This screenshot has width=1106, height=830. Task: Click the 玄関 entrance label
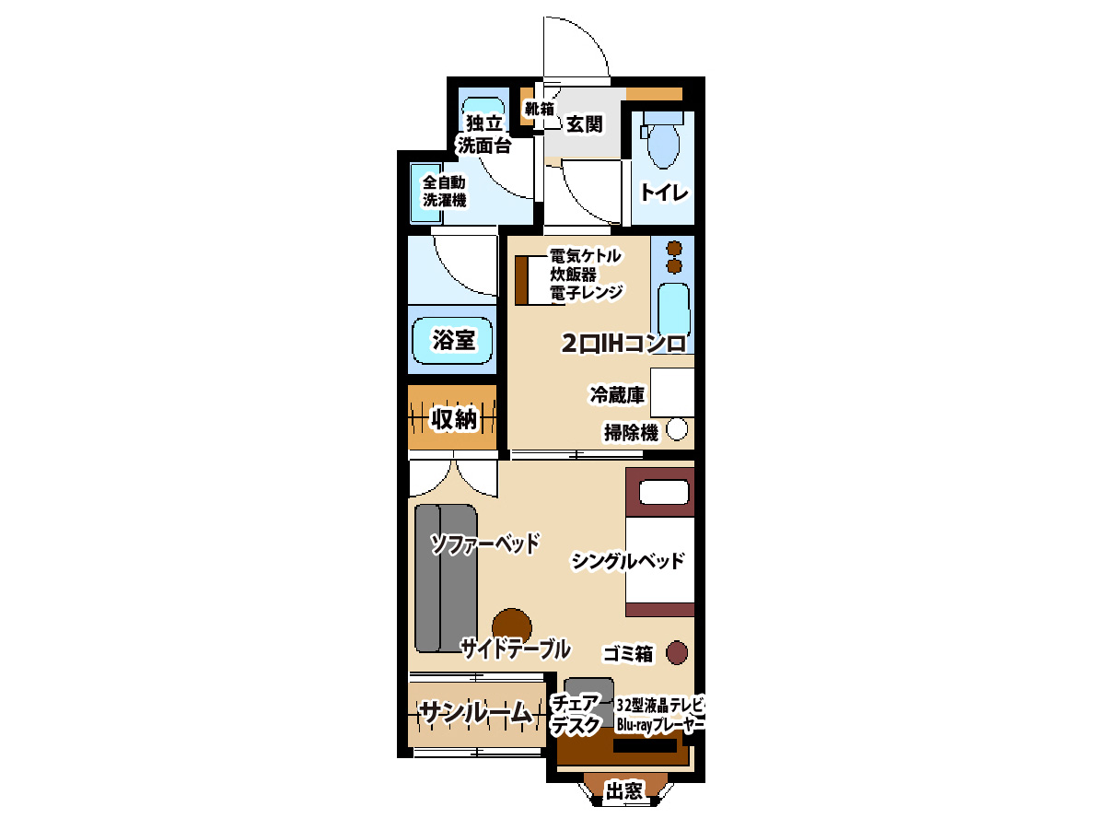584,124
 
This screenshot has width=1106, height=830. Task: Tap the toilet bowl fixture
663,145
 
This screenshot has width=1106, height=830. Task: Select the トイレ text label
664,193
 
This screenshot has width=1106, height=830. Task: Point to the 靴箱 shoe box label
539,109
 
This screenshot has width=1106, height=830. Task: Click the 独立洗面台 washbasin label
483,134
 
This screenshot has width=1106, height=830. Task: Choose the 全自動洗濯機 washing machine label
444,191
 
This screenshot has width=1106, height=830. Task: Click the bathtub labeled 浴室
452,341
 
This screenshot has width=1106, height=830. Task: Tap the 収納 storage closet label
453,418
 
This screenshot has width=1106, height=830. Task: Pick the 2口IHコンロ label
623,344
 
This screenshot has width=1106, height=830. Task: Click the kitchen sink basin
674,310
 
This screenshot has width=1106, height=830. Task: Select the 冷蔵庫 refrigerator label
617,394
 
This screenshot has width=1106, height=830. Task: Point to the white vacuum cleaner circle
677,429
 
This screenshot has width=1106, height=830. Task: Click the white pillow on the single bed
664,492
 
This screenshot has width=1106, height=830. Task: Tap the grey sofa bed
446,578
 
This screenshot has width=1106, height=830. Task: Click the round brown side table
511,628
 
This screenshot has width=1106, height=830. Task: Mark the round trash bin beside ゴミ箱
677,652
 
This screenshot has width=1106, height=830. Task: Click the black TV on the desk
645,746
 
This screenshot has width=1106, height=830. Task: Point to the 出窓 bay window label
623,791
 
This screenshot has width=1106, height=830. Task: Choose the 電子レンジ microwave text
587,292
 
